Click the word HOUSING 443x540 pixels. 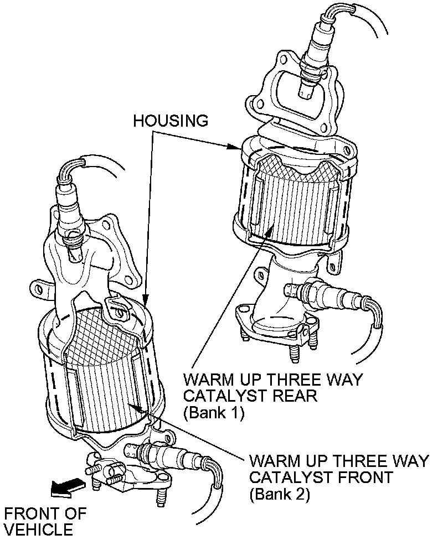click(171, 120)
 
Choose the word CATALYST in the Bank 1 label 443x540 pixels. click(220, 396)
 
